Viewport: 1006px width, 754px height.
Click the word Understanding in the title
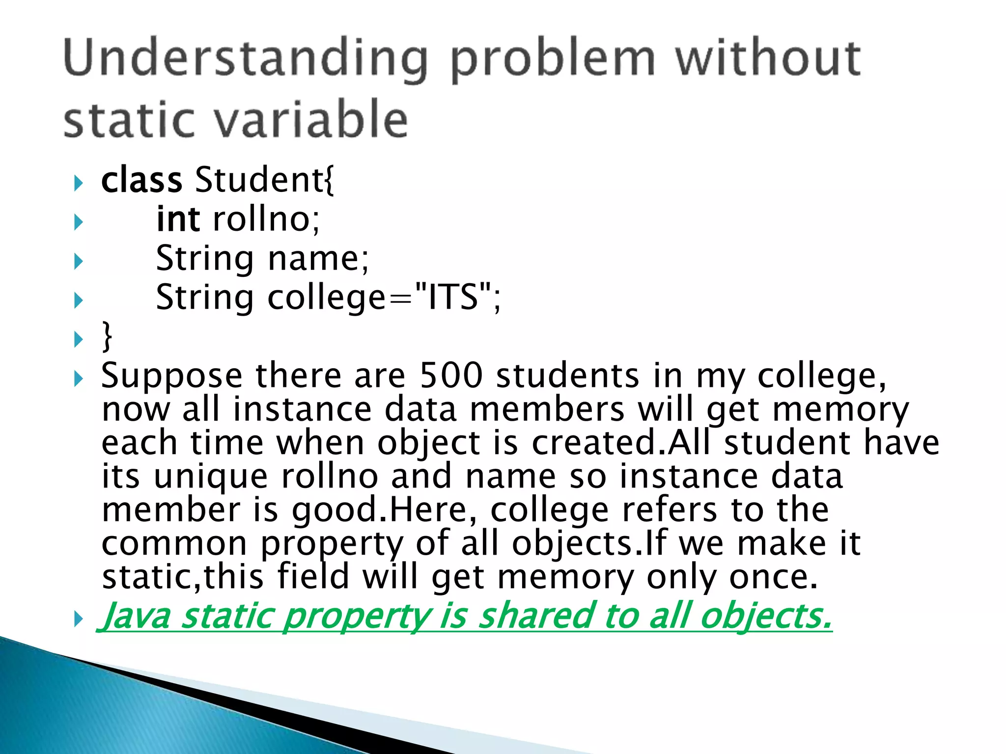(x=246, y=59)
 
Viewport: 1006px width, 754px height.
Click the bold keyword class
(x=141, y=180)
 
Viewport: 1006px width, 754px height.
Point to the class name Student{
(x=265, y=180)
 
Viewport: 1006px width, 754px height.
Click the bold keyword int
(x=178, y=219)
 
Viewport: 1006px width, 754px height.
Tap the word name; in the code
(x=318, y=259)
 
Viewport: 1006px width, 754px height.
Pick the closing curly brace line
(x=107, y=337)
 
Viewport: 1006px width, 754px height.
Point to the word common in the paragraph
(x=174, y=544)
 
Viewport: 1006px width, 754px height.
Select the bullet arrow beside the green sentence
(x=78, y=619)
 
